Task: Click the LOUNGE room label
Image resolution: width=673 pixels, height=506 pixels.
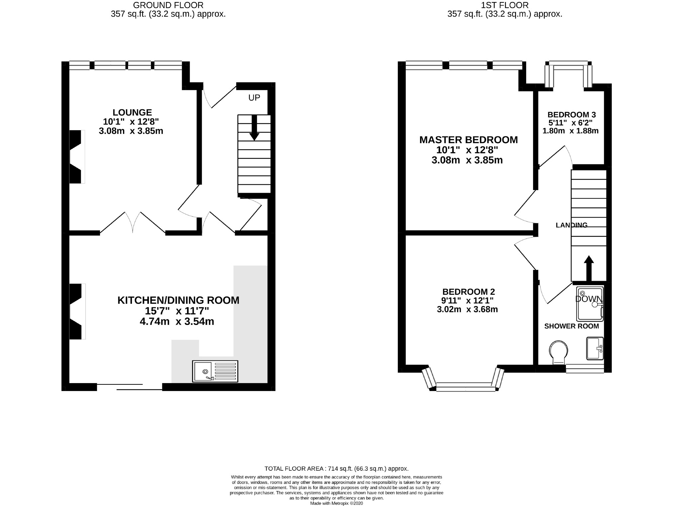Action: point(132,112)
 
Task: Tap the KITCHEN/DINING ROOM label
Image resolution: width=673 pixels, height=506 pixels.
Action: point(178,300)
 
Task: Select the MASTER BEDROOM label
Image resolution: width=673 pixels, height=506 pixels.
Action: point(468,140)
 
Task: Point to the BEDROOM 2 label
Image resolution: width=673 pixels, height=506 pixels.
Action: point(468,292)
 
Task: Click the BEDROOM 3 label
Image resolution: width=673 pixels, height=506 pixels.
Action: point(571,115)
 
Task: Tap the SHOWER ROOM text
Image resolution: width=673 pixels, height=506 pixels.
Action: point(571,326)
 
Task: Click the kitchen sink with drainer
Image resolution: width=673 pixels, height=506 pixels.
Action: point(215,371)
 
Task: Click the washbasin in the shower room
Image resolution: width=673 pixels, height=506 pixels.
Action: point(595,348)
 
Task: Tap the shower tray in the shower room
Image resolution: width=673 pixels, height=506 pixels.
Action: point(589,304)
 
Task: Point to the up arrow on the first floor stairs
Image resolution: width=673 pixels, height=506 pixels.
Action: point(589,268)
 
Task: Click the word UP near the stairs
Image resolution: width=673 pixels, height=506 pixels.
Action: point(254,98)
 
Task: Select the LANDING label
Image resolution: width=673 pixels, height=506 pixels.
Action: point(571,225)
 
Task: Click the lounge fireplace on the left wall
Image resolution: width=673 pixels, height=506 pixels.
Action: point(76,157)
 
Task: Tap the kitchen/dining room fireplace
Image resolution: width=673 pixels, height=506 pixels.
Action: point(76,311)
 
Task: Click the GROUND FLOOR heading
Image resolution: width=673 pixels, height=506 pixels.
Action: point(168,5)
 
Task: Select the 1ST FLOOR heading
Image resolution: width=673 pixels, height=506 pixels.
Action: point(505,5)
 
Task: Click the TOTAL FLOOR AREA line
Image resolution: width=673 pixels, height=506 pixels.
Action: point(336,468)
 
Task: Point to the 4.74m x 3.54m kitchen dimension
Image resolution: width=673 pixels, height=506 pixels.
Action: point(176,322)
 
